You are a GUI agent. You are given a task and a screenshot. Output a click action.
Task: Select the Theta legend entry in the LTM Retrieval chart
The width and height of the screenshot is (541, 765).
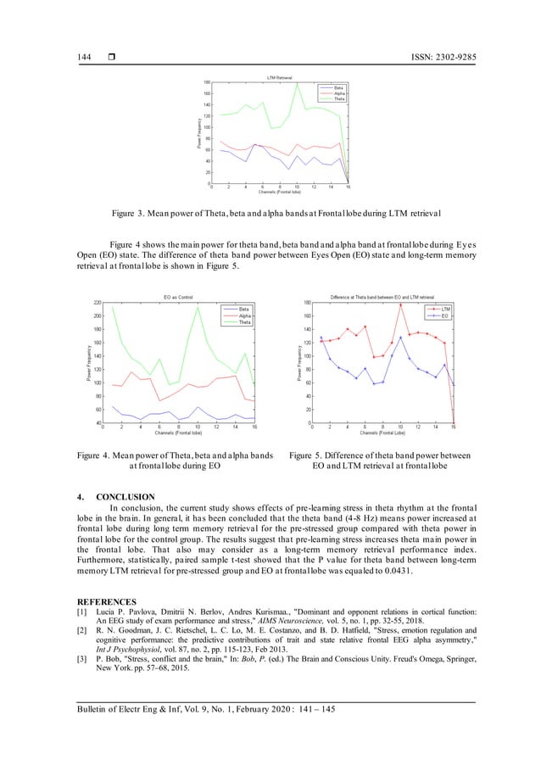click(338, 99)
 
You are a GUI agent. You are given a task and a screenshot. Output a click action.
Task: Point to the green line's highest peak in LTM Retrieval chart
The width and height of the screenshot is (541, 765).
click(297, 83)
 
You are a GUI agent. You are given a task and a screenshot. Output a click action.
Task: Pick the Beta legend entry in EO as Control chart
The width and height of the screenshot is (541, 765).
click(243, 309)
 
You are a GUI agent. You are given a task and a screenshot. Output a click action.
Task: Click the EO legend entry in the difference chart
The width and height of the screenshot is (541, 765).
click(445, 315)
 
